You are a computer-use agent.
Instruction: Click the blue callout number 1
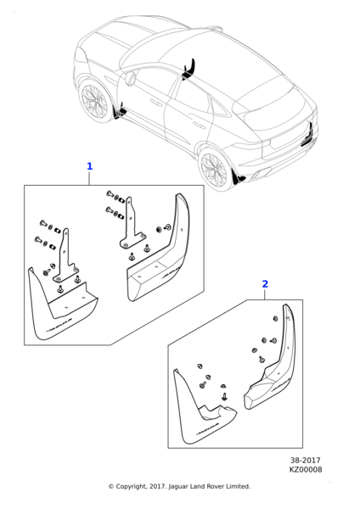[90, 166]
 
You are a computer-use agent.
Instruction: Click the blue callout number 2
[265, 284]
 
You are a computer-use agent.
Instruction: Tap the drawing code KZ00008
[306, 469]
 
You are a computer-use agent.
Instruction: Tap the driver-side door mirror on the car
[132, 79]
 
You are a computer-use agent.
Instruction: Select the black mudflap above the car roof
[190, 68]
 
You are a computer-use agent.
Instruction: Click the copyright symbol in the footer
[111, 487]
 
